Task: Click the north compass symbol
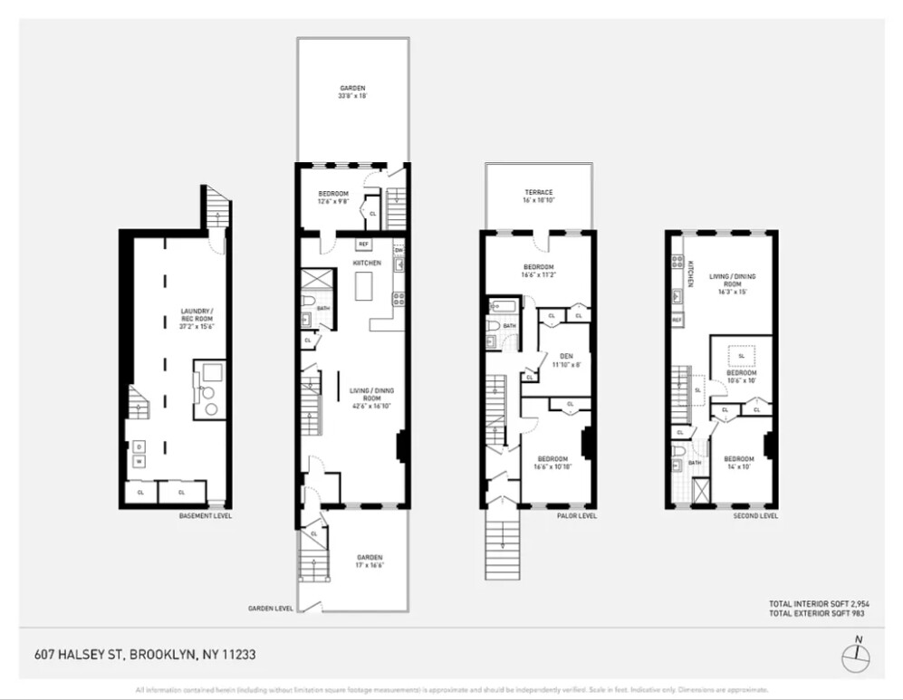click(855, 656)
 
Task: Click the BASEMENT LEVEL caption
click(205, 515)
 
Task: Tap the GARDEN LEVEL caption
click(270, 609)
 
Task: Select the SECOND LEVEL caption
click(755, 515)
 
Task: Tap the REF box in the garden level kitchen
click(363, 245)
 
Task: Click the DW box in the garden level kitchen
click(399, 250)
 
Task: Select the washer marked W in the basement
click(139, 462)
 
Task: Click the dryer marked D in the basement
click(139, 446)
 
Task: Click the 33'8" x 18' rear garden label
click(353, 91)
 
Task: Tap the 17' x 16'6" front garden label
click(369, 561)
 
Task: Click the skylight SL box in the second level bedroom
click(740, 355)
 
